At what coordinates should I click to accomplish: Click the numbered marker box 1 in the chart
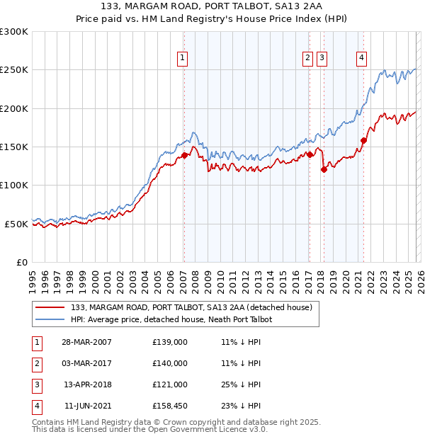[x=183, y=58]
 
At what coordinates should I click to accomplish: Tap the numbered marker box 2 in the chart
[x=309, y=58]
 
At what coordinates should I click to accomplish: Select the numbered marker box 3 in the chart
[x=322, y=58]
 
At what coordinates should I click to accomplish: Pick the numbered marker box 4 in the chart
[x=362, y=58]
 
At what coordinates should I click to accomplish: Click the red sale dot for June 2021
[x=363, y=140]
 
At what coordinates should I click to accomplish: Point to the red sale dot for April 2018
[x=324, y=169]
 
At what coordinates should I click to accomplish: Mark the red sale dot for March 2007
[x=184, y=155]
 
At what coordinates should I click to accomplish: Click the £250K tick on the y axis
[x=14, y=70]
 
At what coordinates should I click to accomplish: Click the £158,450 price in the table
[x=170, y=406]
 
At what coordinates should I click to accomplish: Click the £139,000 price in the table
[x=170, y=342]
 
